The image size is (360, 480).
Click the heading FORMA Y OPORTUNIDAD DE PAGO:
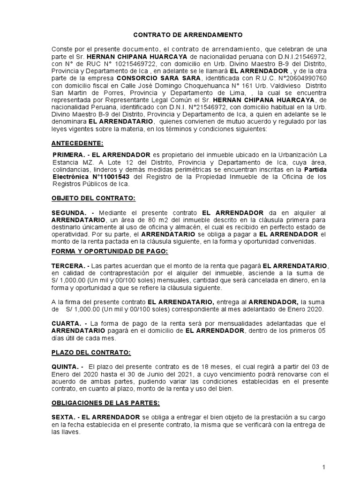pyautogui.click(x=109, y=252)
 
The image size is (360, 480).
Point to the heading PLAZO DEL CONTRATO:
pyautogui.click(x=91, y=352)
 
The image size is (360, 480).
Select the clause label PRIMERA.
pyautogui.click(x=67, y=154)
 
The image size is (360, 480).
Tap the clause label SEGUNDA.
pyautogui.click(x=69, y=213)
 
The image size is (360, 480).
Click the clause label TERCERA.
pyautogui.click(x=68, y=265)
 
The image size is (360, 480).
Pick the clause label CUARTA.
pyautogui.click(x=66, y=324)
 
